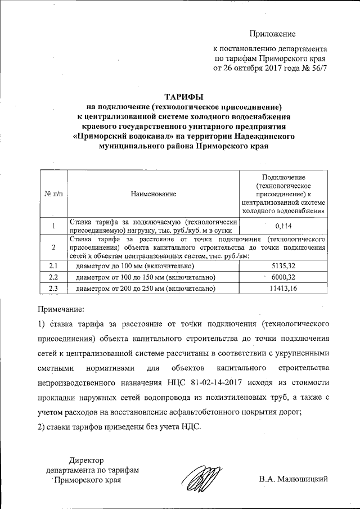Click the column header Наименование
click(x=154, y=194)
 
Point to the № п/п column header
click(x=53, y=194)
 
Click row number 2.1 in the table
click(x=53, y=265)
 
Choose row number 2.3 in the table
click(x=53, y=289)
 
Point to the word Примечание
click(x=61, y=309)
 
